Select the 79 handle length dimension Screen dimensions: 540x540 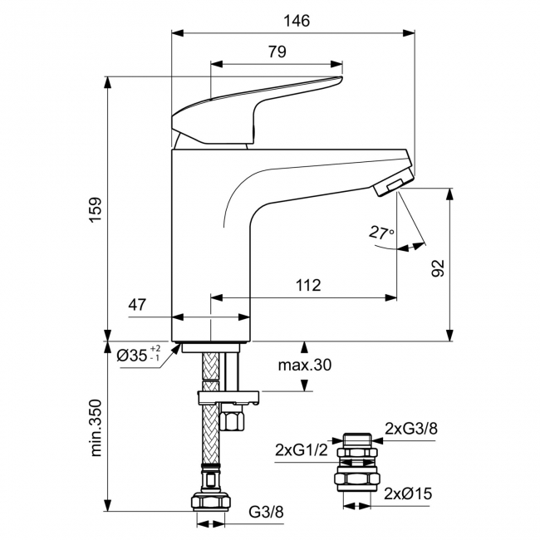(277, 52)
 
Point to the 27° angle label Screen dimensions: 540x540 (381, 233)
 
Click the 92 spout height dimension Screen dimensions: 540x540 (439, 267)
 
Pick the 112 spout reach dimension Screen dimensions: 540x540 (307, 285)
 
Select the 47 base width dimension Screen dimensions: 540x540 (136, 305)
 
